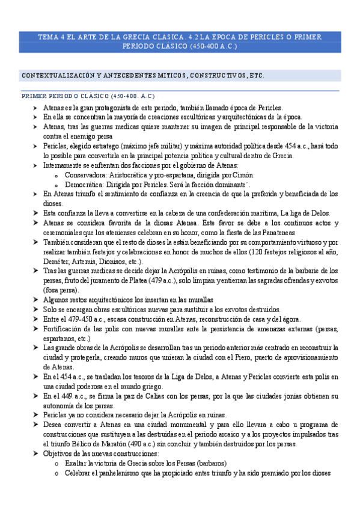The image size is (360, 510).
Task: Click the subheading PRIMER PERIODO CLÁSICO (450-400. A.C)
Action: [88, 96]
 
